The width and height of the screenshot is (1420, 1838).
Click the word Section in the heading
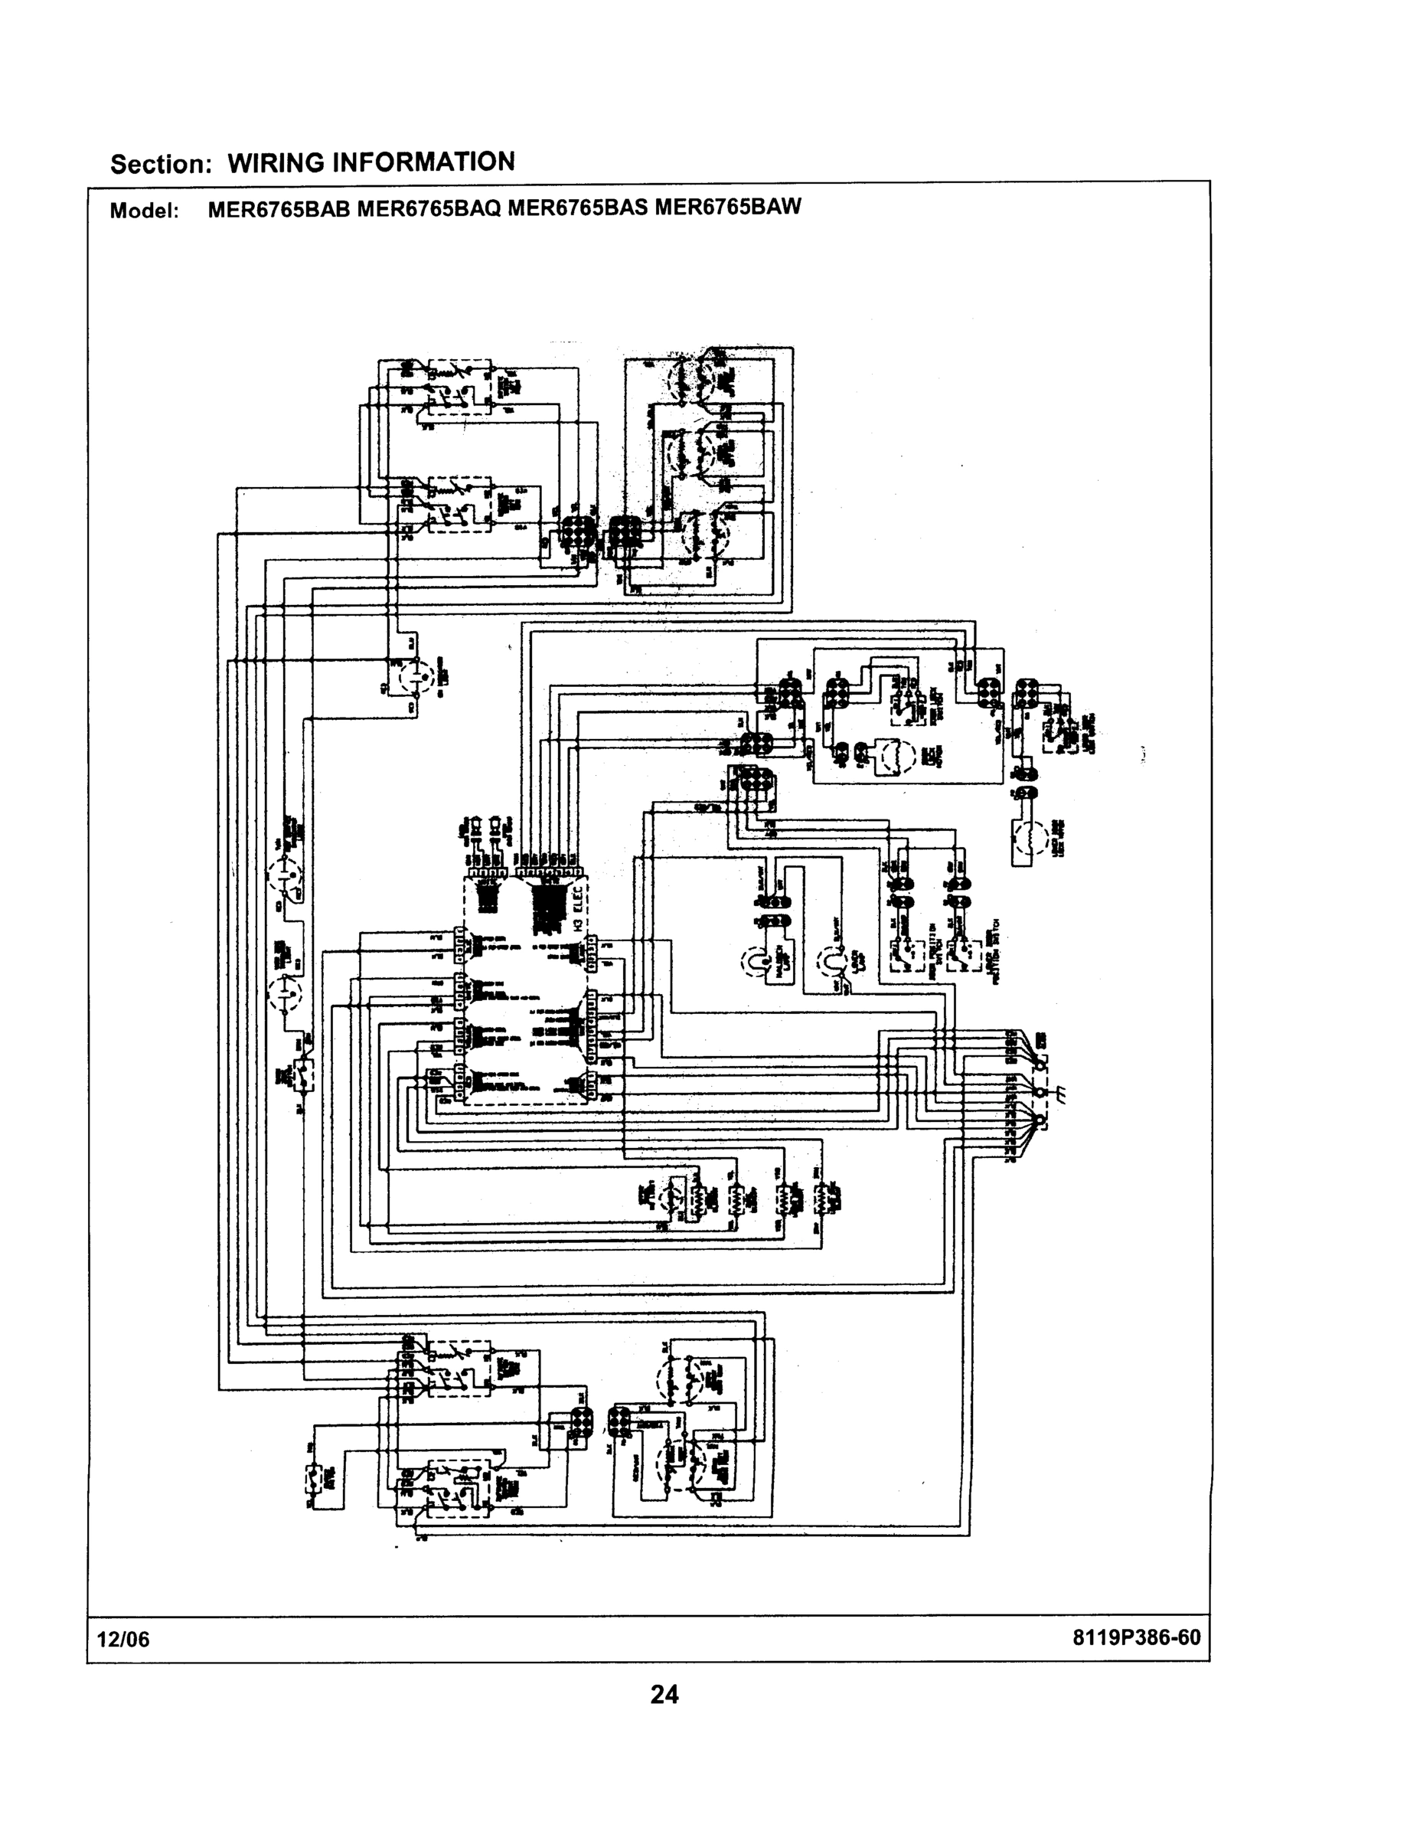(x=159, y=164)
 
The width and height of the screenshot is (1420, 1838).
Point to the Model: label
(x=144, y=211)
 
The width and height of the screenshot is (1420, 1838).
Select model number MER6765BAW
(x=728, y=206)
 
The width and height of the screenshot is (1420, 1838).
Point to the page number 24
(x=664, y=1694)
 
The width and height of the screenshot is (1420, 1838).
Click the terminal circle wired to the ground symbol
(x=1041, y=1091)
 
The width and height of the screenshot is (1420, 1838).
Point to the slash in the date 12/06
(x=122, y=1640)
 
